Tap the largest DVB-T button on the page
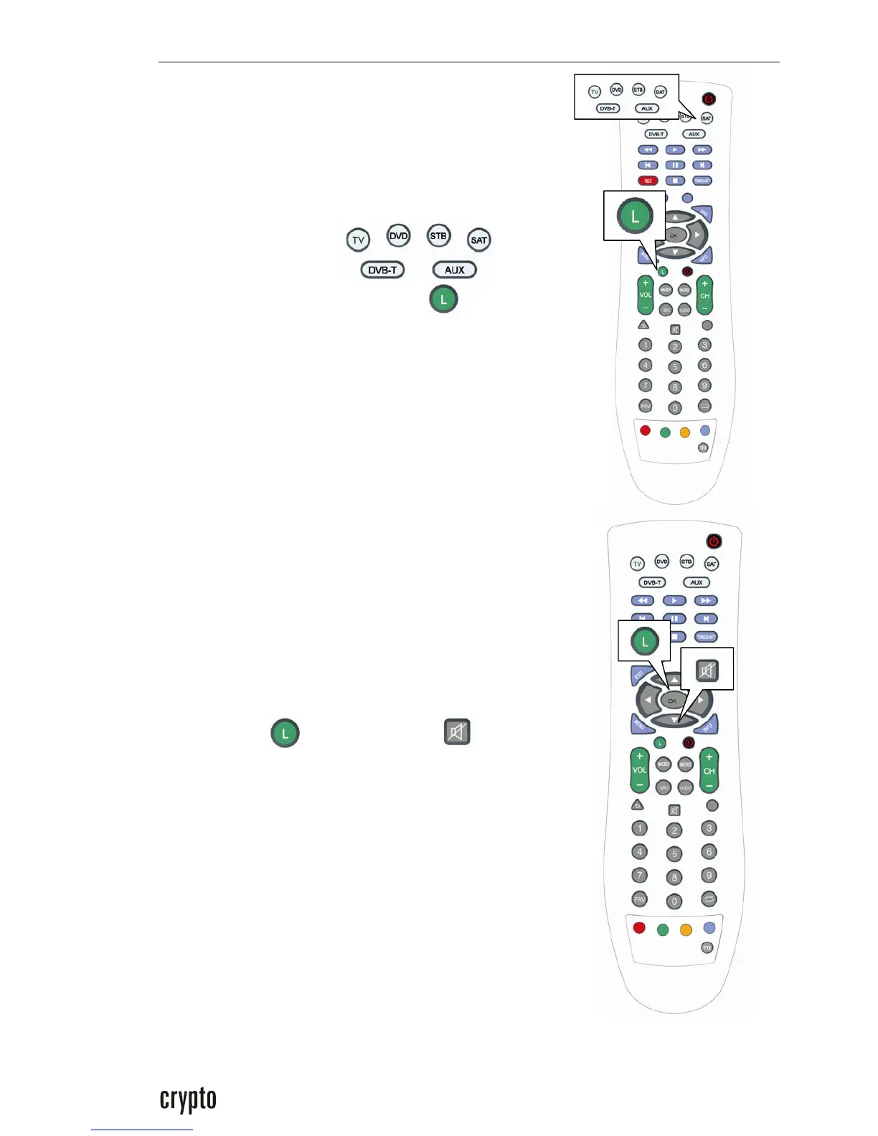pos(382,270)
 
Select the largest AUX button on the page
pos(454,270)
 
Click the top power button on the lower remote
pos(713,541)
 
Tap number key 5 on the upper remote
pos(675,367)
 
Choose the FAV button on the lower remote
pos(638,899)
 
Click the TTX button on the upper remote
pos(703,448)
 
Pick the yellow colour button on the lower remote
pos(686,929)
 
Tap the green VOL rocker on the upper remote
pos(646,295)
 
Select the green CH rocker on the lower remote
pos(709,771)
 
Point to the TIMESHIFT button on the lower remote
pos(706,637)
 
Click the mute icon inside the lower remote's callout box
pos(707,670)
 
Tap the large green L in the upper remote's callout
pos(634,216)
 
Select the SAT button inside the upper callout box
pos(660,92)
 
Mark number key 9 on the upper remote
pos(704,385)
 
